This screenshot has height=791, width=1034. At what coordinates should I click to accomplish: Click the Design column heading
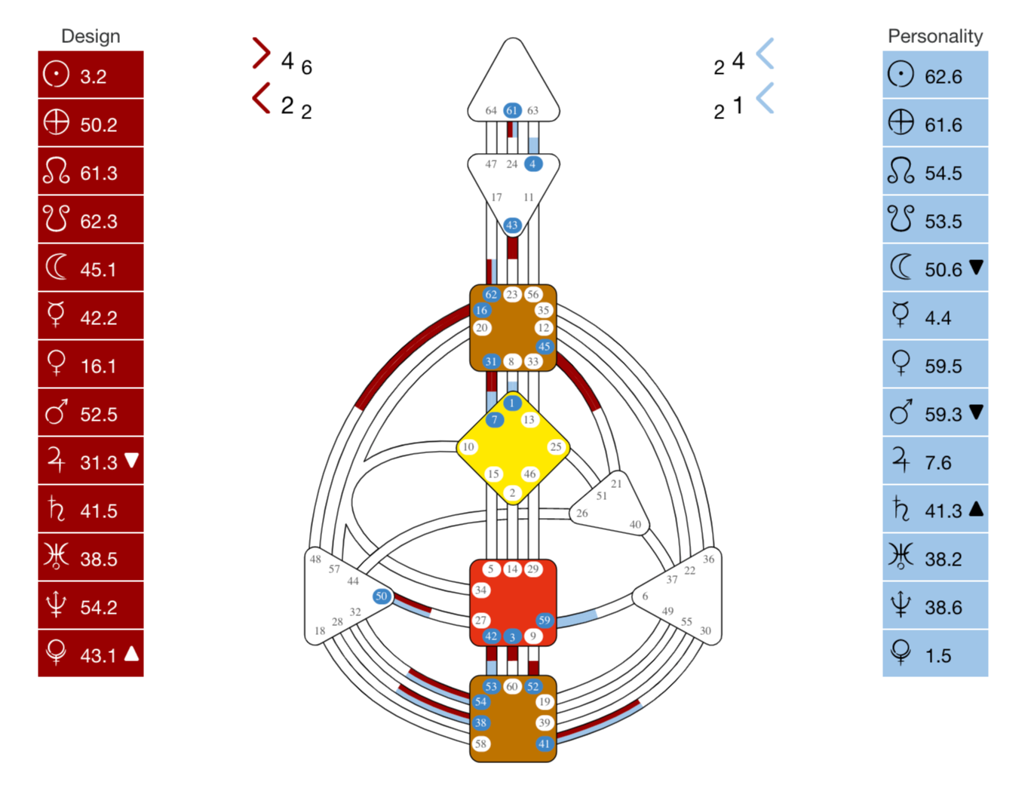(x=91, y=37)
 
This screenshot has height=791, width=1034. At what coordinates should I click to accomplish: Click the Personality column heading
(x=934, y=37)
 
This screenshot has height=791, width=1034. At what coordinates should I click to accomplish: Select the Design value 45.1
(x=98, y=270)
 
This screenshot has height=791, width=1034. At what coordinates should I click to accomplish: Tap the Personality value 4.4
(x=937, y=318)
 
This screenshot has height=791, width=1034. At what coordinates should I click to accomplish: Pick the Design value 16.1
(x=98, y=366)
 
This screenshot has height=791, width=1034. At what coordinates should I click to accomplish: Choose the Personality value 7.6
(x=937, y=463)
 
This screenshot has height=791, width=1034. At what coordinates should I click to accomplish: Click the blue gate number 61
(x=511, y=111)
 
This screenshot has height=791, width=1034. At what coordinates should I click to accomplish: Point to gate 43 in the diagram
(x=511, y=225)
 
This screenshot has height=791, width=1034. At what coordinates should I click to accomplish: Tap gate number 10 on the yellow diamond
(x=468, y=447)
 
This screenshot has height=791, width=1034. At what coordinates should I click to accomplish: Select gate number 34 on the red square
(x=480, y=590)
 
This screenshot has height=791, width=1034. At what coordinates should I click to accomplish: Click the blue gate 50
(x=381, y=596)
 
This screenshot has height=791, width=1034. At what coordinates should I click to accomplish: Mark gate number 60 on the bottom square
(x=511, y=686)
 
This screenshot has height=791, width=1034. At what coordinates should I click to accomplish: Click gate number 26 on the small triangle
(x=581, y=514)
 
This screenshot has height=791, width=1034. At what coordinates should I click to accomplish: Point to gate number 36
(x=708, y=559)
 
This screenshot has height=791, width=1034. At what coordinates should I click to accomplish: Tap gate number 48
(x=315, y=559)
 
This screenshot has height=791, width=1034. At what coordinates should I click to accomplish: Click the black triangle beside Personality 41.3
(x=976, y=508)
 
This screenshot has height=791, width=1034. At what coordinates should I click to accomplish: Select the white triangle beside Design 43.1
(x=131, y=653)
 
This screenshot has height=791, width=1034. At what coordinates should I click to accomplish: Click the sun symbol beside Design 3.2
(x=56, y=74)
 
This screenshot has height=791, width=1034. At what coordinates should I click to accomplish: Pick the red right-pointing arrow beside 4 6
(x=262, y=54)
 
